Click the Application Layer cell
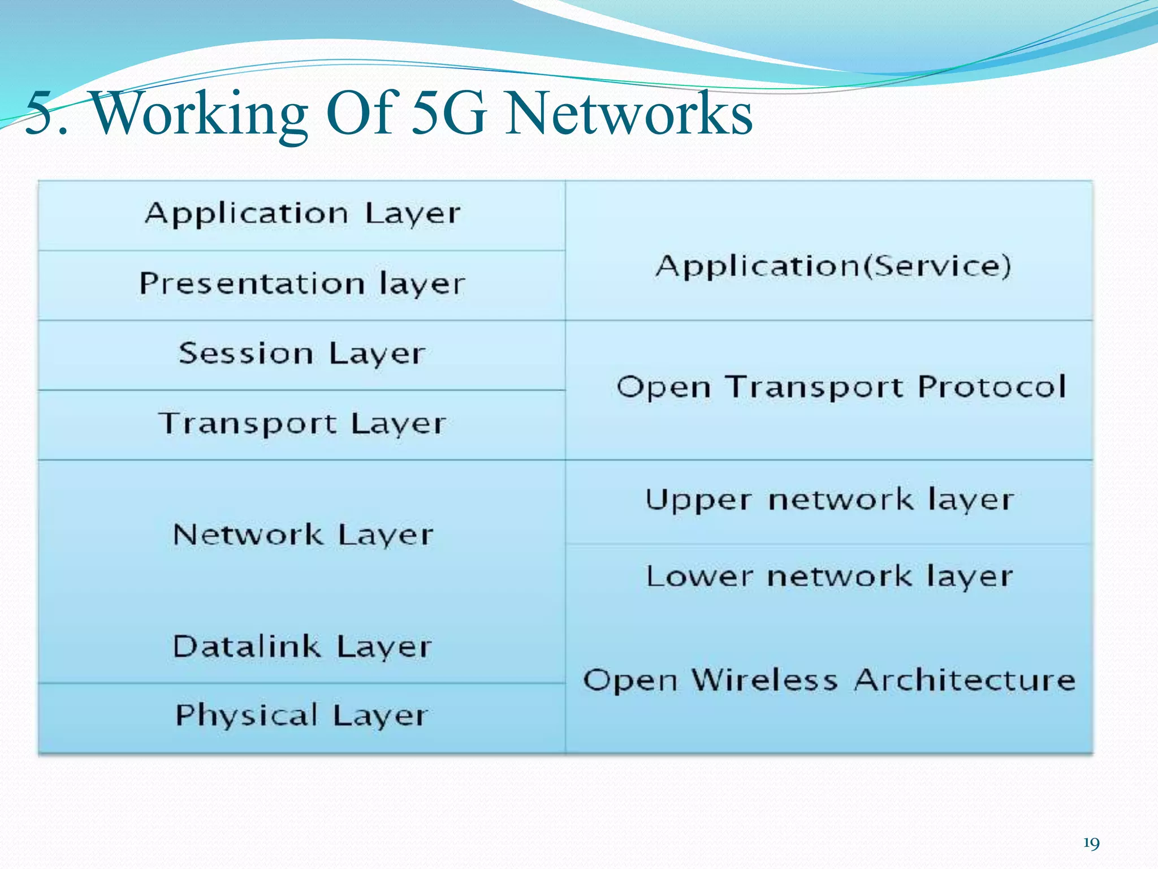tap(302, 215)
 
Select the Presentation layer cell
tap(302, 285)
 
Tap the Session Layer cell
tap(302, 355)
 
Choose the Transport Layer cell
tap(302, 424)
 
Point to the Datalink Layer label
tap(302, 647)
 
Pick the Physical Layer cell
tap(302, 716)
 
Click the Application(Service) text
tap(833, 266)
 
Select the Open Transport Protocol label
tap(841, 388)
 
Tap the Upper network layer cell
tap(829, 501)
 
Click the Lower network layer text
tap(829, 577)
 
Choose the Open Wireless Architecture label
tap(829, 680)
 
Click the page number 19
tap(1091, 844)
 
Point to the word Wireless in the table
tap(764, 680)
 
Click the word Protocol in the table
tap(992, 388)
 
